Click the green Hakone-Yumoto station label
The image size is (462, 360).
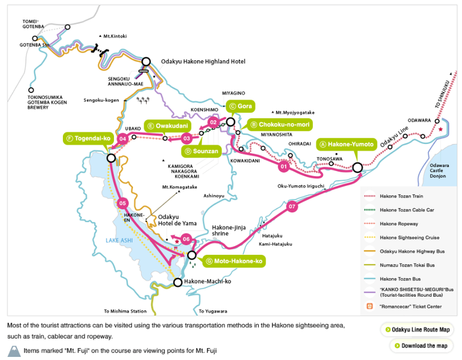tap(346, 144)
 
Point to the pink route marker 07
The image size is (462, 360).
tap(293, 207)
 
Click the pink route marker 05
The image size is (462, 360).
tap(122, 203)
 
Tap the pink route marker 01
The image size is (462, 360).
tap(284, 166)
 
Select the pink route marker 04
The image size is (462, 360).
tap(123, 138)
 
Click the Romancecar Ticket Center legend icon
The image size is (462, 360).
tap(370, 306)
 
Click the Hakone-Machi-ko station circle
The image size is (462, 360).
tap(178, 282)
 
